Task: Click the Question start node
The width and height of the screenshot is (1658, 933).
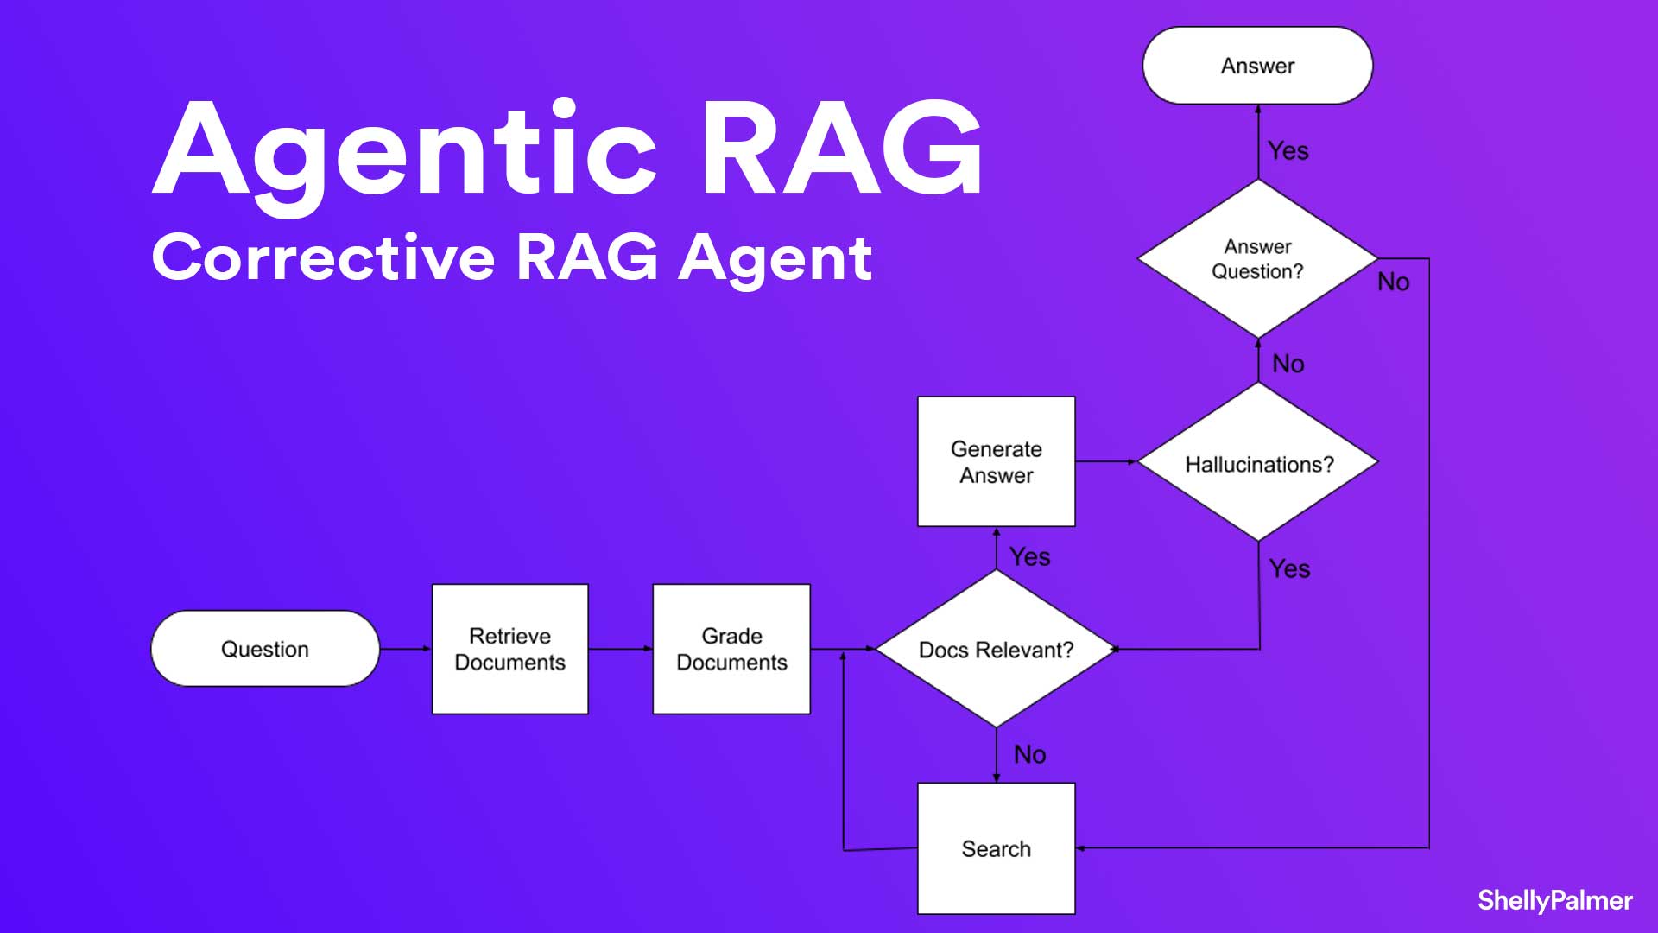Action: (264, 649)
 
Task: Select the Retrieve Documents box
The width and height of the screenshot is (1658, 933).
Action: (509, 649)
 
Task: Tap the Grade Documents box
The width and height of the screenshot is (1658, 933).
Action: (731, 649)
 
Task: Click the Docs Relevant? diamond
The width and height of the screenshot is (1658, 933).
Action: (996, 649)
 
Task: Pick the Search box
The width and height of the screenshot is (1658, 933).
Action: (996, 848)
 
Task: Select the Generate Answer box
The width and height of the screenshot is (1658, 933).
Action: (996, 461)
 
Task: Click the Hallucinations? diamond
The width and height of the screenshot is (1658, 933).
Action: (1258, 463)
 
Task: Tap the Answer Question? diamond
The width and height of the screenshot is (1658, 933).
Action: (1257, 258)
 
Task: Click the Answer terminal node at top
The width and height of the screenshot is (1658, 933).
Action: (1257, 66)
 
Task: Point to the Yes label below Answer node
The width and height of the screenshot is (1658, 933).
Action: (1288, 151)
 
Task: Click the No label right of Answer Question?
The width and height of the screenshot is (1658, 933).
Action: (1393, 282)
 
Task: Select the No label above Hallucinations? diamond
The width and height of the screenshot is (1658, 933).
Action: (1288, 364)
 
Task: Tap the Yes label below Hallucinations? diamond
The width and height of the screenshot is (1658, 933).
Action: (1289, 568)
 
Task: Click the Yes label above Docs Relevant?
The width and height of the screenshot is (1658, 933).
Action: (1029, 556)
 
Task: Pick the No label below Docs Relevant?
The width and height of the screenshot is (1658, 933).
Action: (1029, 754)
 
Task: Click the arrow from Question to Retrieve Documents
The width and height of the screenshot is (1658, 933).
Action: (405, 649)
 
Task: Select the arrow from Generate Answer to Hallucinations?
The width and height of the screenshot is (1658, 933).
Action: (1106, 461)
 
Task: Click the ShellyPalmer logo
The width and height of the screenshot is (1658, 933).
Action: (1554, 900)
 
